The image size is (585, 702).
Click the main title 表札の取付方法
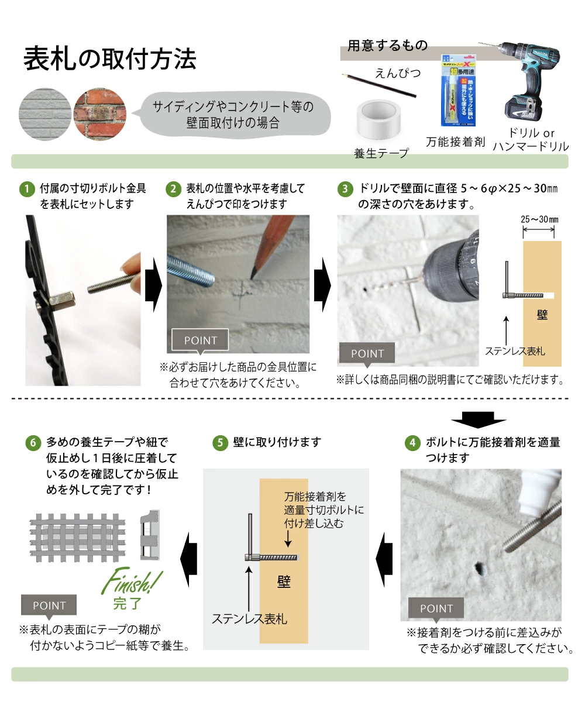(109, 60)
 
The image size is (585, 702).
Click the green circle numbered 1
(26, 189)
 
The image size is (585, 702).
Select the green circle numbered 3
(345, 189)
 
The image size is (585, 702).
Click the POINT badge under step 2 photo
(200, 340)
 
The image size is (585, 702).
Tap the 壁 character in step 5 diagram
(283, 583)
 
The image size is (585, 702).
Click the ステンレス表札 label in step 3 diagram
(515, 351)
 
